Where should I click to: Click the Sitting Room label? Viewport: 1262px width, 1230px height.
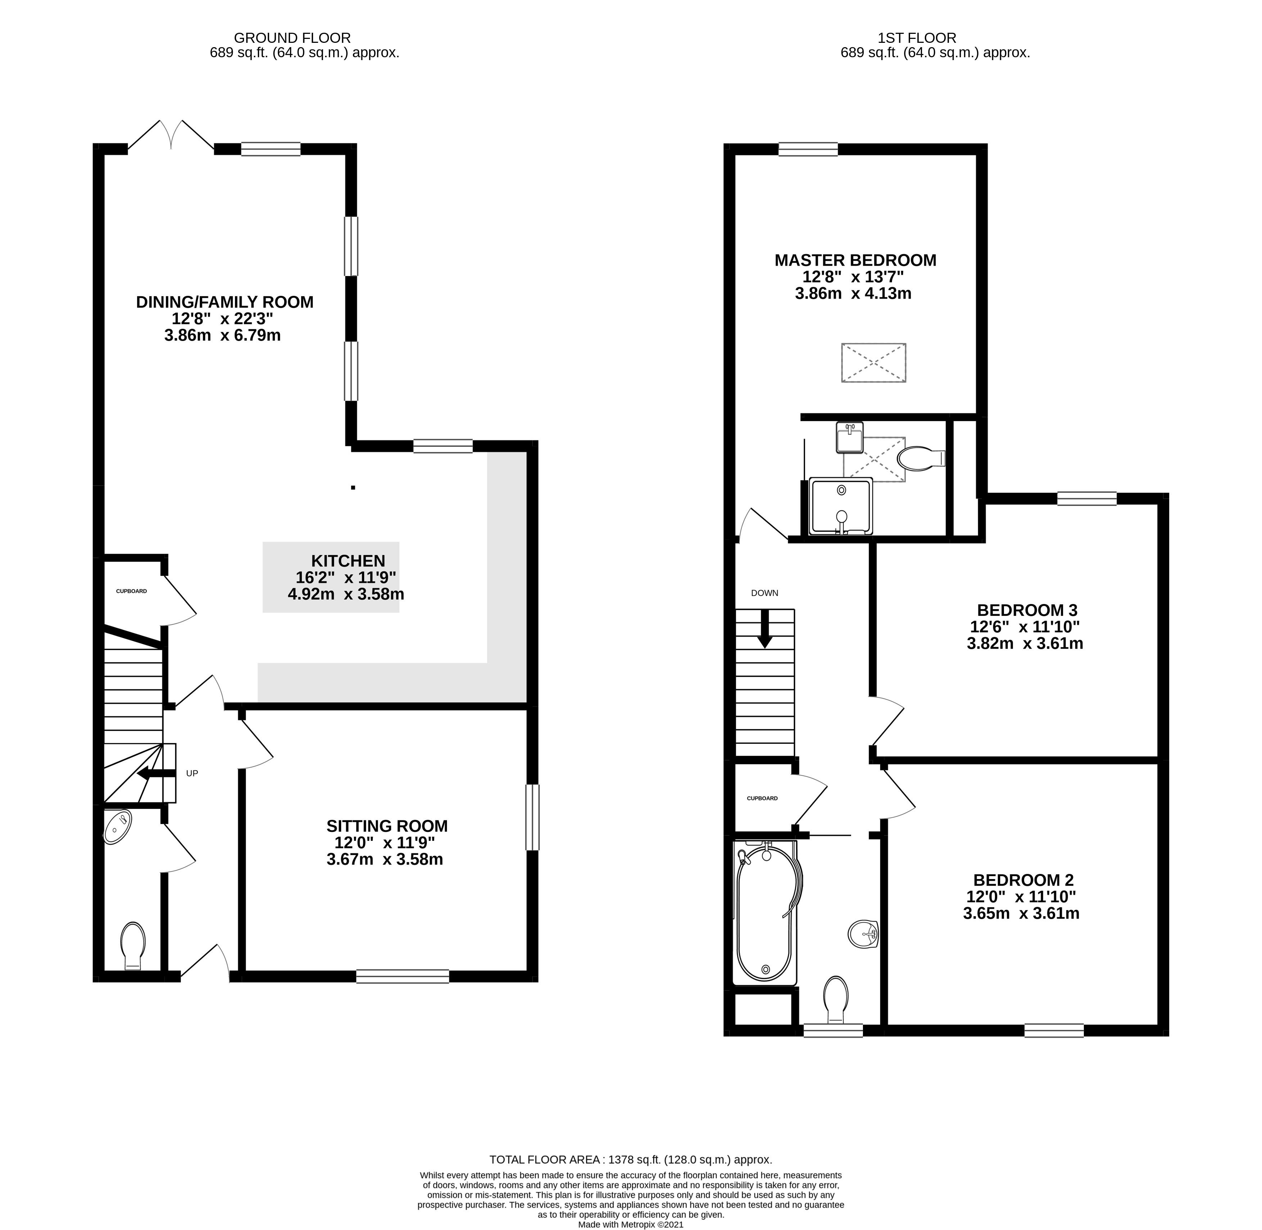click(x=387, y=826)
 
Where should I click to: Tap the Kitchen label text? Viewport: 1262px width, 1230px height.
click(x=348, y=561)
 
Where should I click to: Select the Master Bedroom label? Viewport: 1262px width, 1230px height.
click(x=855, y=260)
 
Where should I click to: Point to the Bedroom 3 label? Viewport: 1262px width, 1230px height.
click(x=1027, y=610)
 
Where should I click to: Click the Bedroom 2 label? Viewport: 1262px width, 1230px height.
click(x=1023, y=880)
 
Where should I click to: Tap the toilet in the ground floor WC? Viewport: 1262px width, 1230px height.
click(x=133, y=946)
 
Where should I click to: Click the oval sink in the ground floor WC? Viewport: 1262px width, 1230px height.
click(x=118, y=827)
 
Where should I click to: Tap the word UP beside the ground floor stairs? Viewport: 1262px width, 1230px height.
click(x=192, y=773)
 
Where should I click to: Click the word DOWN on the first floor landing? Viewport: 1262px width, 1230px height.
click(x=765, y=593)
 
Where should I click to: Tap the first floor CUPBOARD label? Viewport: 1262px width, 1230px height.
click(x=762, y=798)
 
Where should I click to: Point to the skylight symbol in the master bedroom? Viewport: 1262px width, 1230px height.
click(x=873, y=363)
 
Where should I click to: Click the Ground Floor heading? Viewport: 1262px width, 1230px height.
click(x=292, y=38)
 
